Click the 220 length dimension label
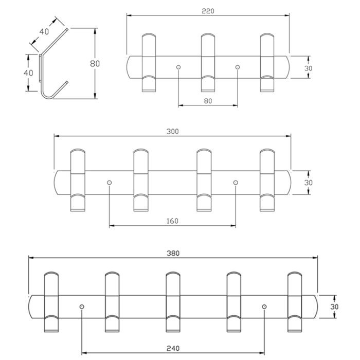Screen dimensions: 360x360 [208, 11]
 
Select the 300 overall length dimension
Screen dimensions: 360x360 [172, 132]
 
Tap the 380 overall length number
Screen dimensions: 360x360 [173, 253]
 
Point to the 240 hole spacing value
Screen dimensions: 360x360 [173, 349]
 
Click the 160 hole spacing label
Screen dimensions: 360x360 [172, 221]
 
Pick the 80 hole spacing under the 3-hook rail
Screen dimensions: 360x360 [208, 101]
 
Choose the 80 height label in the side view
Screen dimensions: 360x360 [95, 63]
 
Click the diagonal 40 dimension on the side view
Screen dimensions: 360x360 [44, 31]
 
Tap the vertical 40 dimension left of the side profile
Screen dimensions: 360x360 [28, 73]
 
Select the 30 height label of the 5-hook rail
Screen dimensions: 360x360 [334, 307]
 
